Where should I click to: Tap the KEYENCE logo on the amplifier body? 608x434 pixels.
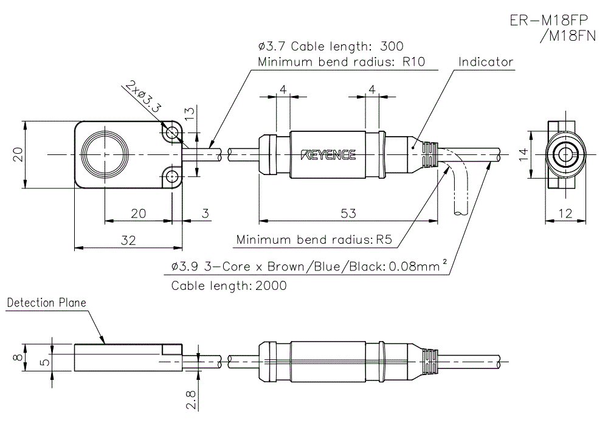(x=329, y=155)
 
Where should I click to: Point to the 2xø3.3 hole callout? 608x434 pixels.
(x=143, y=97)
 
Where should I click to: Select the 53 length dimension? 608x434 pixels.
(x=348, y=213)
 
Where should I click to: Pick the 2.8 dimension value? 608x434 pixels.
(x=191, y=400)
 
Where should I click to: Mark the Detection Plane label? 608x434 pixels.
(x=46, y=303)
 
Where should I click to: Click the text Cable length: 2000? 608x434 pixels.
(x=229, y=285)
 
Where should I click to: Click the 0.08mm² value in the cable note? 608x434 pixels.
(x=418, y=266)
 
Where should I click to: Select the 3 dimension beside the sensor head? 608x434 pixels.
(x=205, y=213)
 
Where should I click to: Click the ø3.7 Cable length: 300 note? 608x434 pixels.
(x=330, y=46)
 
